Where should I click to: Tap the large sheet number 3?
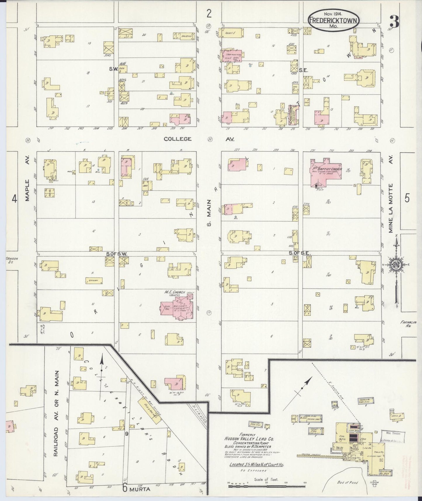pyautogui.click(x=395, y=21)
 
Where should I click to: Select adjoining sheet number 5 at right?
pyautogui.click(x=407, y=198)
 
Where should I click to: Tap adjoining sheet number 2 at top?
pyautogui.click(x=209, y=13)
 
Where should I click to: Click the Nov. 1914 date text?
pyautogui.click(x=333, y=13)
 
